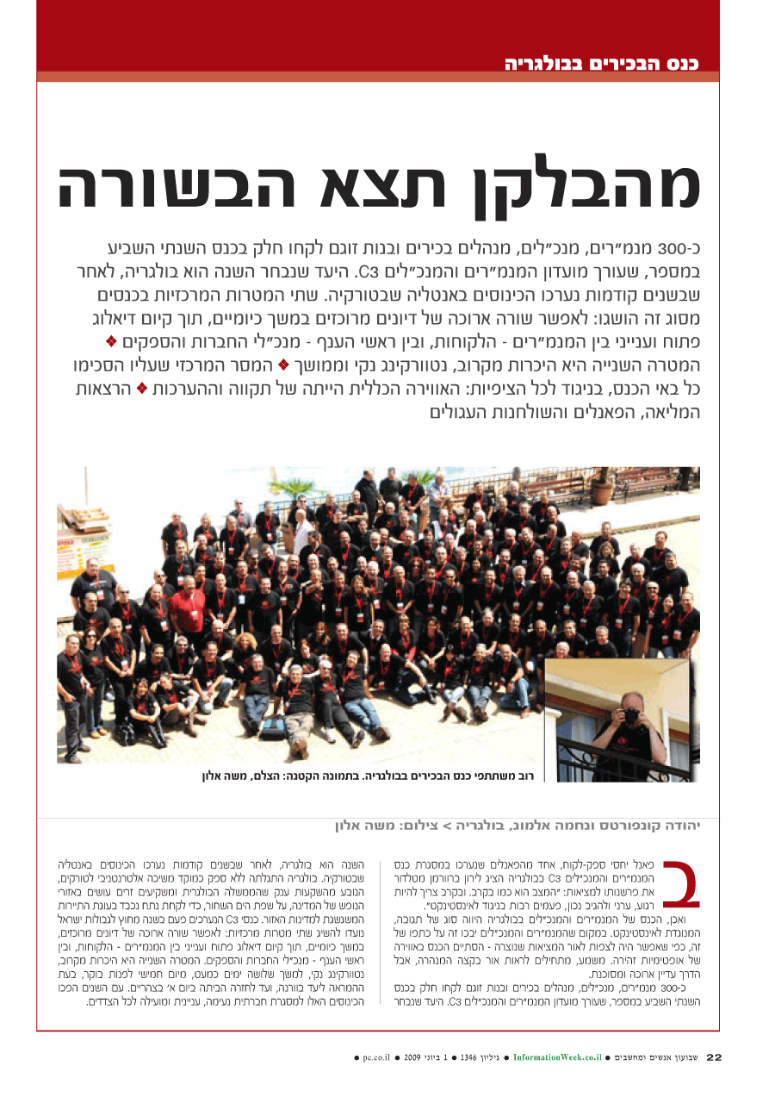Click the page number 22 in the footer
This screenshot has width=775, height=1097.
[713, 1056]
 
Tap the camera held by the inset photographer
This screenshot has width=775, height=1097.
[631, 715]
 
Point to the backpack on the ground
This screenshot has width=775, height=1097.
[273, 728]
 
